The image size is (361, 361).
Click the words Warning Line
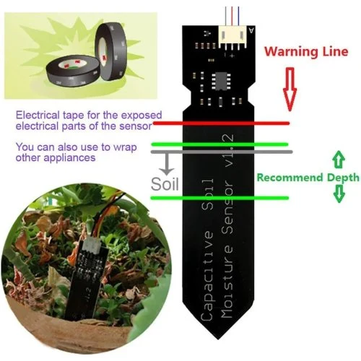tap(306, 52)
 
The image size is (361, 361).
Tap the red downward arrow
tap(290, 90)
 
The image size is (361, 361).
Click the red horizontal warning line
tap(221, 123)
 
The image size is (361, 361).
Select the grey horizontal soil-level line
tap(222, 152)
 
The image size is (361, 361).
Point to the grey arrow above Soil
tap(167, 164)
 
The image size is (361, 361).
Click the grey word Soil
tap(165, 184)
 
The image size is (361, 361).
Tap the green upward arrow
tap(339, 160)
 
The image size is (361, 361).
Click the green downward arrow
tap(339, 193)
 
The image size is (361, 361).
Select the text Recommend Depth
tap(308, 178)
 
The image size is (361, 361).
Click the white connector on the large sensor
tap(232, 37)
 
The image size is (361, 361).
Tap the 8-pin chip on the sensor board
tap(221, 82)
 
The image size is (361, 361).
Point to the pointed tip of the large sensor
tap(218, 339)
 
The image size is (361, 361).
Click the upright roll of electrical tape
tap(111, 51)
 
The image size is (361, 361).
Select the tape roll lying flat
tap(73, 70)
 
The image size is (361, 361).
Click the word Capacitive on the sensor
tap(206, 276)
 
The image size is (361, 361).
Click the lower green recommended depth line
tap(219, 198)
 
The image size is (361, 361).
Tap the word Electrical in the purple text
tap(38, 115)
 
